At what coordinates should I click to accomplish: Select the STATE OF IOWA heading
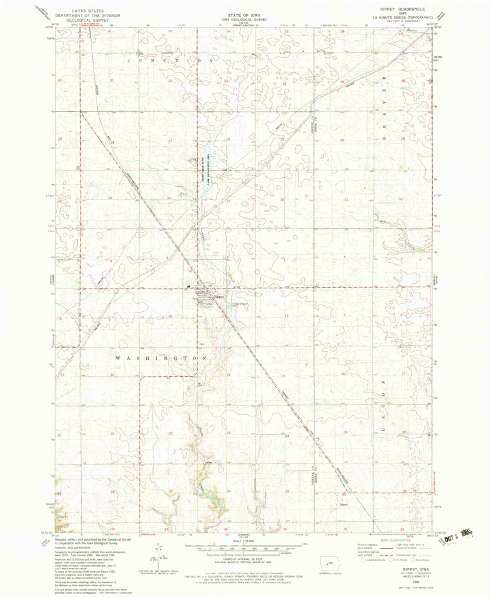(x=244, y=11)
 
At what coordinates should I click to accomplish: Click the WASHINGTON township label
(x=161, y=358)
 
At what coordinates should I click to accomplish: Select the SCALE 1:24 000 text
(x=244, y=539)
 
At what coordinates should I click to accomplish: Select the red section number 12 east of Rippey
(x=286, y=315)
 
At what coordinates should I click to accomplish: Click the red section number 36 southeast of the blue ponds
(x=282, y=200)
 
